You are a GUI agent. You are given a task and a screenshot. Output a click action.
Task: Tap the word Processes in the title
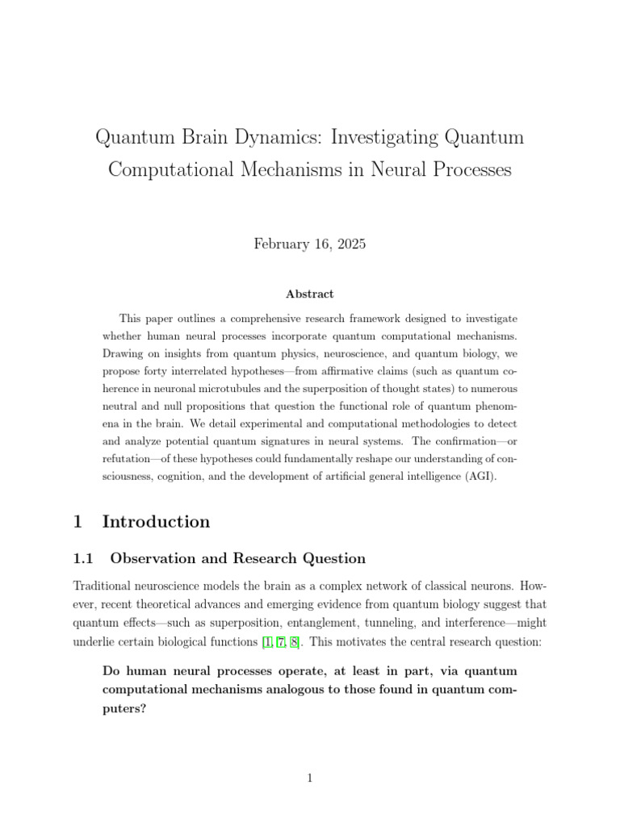pyautogui.click(x=469, y=171)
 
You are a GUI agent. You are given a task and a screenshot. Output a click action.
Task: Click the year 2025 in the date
pyautogui.click(x=349, y=244)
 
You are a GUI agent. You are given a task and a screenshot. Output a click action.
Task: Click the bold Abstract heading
pyautogui.click(x=309, y=294)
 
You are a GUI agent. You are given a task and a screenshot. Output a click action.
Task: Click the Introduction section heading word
pyautogui.click(x=156, y=522)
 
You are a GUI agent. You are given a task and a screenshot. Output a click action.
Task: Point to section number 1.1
pyautogui.click(x=84, y=558)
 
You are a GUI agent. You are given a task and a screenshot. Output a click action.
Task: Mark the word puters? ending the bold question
pyautogui.click(x=125, y=707)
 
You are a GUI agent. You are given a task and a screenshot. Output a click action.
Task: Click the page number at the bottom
pyautogui.click(x=309, y=778)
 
